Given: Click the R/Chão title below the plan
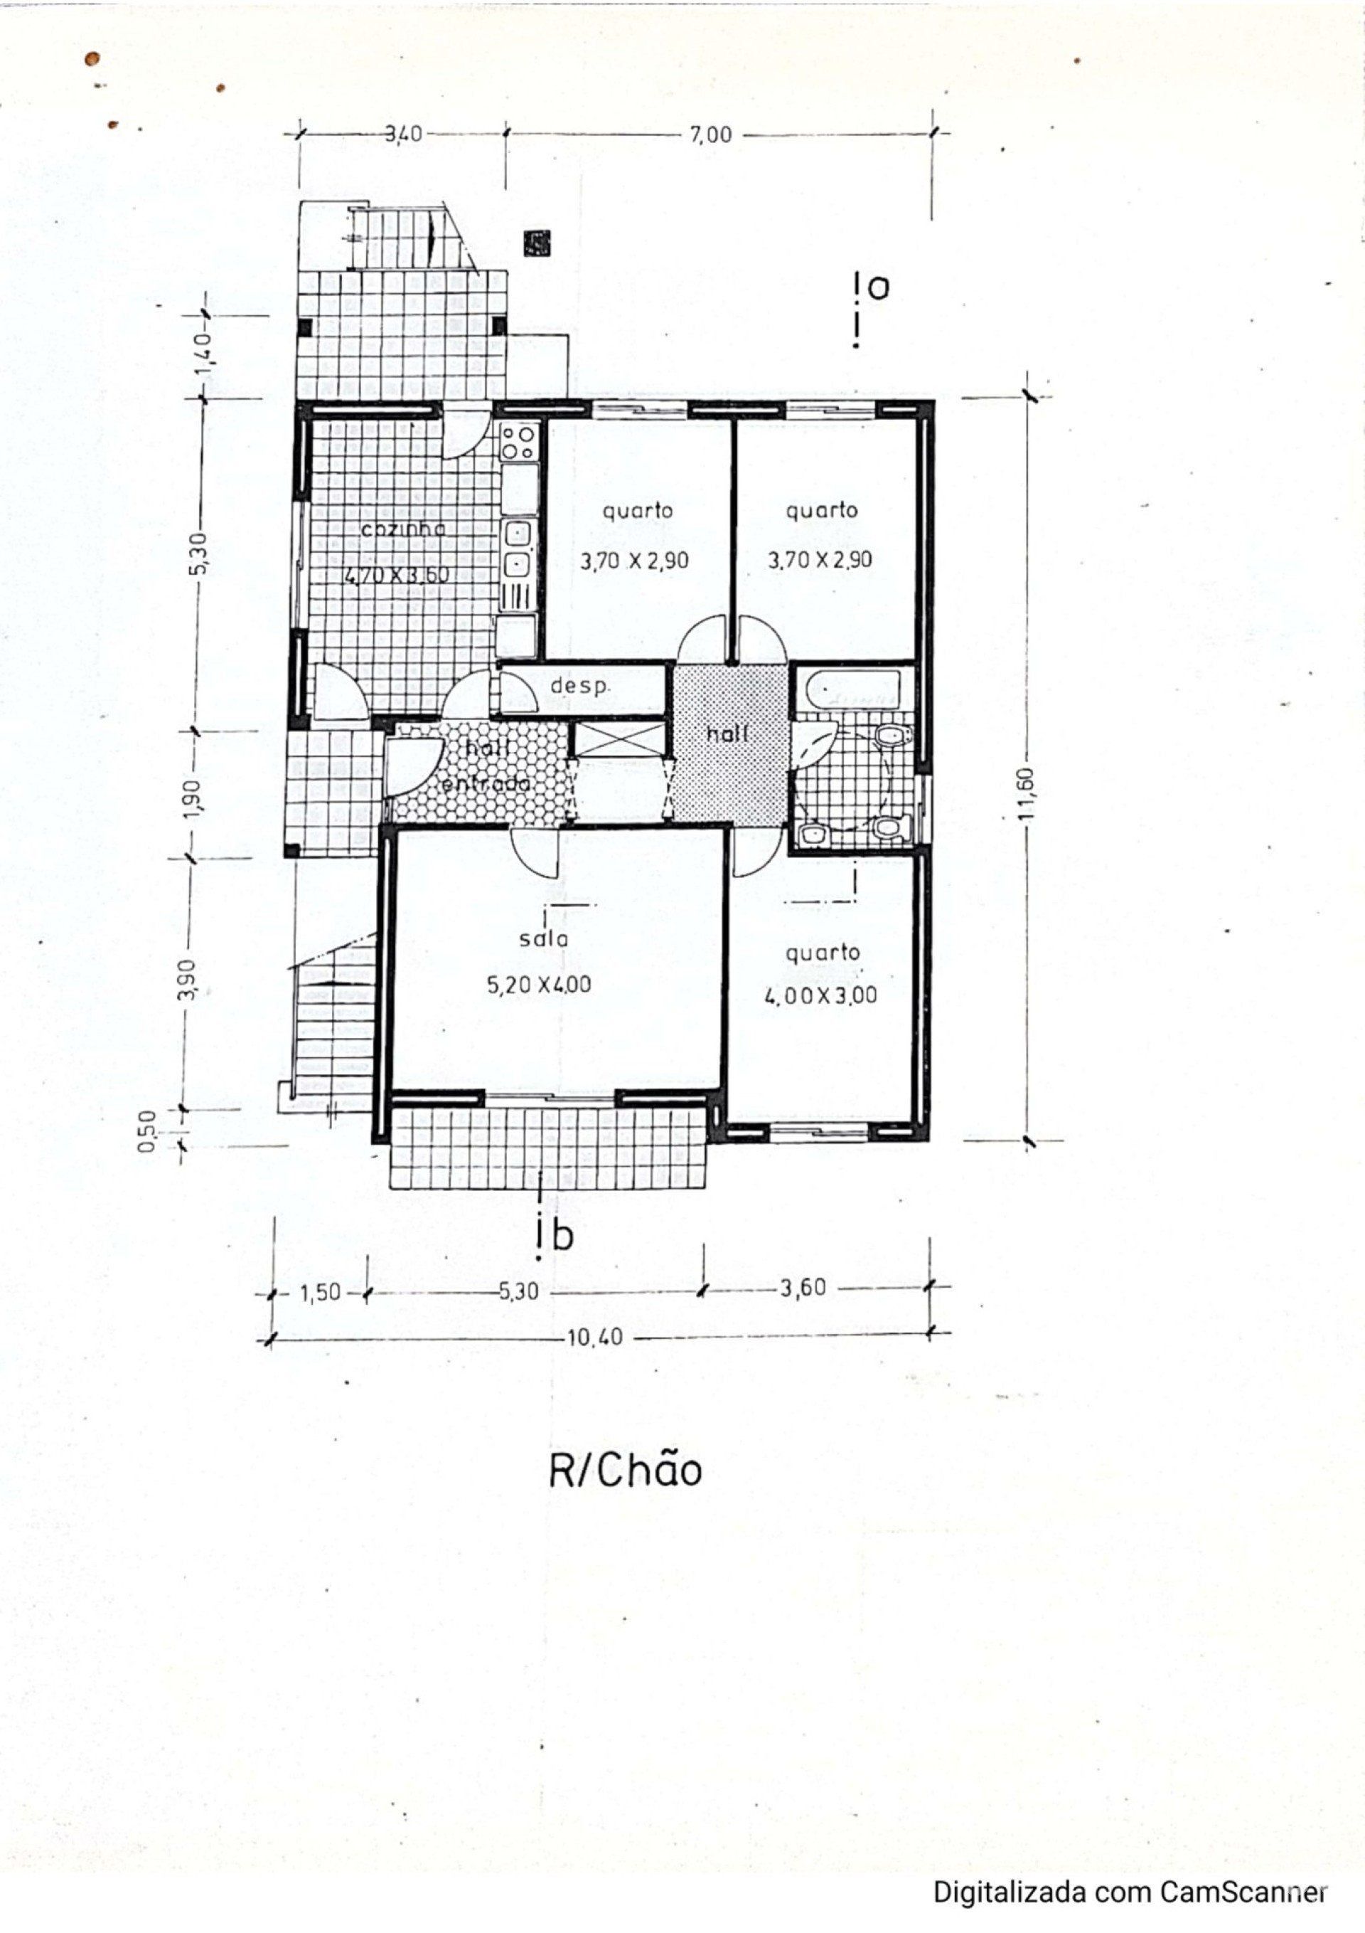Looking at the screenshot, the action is [626, 1471].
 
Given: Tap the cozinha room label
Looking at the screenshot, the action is [403, 529].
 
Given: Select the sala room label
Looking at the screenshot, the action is [544, 938].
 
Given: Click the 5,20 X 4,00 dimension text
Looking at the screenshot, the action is [540, 984].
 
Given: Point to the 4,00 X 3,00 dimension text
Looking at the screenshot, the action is [820, 996].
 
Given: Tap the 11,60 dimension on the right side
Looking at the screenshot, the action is [1025, 793].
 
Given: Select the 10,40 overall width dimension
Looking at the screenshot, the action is [596, 1337].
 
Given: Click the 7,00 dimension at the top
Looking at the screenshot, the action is [711, 134].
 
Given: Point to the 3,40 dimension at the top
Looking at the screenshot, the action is [403, 134].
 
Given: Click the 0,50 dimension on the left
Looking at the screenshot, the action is [147, 1130].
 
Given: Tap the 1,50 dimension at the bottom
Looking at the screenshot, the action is [321, 1292].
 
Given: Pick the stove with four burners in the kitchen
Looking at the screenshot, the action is [519, 441].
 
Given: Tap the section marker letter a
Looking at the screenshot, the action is [878, 289].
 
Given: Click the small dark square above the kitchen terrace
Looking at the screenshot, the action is [536, 243].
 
